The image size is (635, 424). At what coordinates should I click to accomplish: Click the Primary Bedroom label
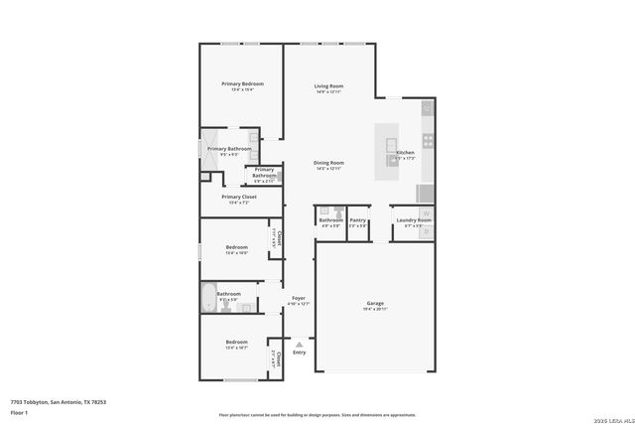point(241,83)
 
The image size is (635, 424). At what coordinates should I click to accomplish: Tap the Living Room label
point(328,86)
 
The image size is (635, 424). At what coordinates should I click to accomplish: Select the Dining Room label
point(328,162)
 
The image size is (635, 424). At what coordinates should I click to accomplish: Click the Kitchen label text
point(405,152)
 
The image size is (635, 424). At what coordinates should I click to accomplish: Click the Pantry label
point(358,219)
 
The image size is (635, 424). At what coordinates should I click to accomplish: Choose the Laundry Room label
point(412,219)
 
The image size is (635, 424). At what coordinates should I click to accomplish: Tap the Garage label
point(375,303)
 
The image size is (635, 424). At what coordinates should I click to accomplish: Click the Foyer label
point(299,297)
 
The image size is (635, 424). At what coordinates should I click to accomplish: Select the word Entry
point(299,353)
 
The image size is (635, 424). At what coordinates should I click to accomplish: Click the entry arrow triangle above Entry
point(299,344)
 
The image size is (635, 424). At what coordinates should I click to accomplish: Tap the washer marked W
point(427,213)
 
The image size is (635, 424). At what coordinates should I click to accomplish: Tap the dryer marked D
point(427,231)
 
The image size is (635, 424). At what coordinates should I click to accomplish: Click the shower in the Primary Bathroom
point(212,140)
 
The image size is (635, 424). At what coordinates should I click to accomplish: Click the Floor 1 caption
point(19,411)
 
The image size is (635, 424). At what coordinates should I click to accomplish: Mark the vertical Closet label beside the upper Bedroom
point(280,238)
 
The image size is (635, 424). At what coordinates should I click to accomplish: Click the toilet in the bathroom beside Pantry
point(339,211)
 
